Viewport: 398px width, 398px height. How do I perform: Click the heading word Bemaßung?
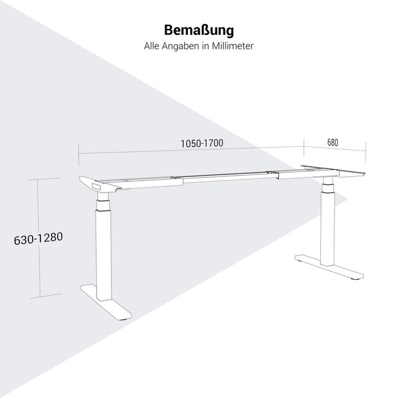(x=199, y=30)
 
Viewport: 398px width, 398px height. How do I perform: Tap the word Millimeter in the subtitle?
(x=233, y=46)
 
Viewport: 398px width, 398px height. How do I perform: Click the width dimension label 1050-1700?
(x=202, y=143)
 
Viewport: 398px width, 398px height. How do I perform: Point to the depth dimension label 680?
(x=332, y=143)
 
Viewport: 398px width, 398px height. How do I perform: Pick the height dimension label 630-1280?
(x=39, y=239)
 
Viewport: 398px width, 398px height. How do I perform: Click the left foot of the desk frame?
(x=106, y=301)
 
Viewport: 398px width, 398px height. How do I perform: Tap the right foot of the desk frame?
(x=329, y=266)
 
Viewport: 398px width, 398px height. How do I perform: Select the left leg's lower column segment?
(x=104, y=255)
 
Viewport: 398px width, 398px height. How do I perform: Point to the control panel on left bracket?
(x=97, y=186)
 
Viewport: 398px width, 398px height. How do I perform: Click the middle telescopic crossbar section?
(x=227, y=177)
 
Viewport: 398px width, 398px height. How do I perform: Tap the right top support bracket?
(x=333, y=171)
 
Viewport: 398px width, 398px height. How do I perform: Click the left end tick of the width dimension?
(x=79, y=155)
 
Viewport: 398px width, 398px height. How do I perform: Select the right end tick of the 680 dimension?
(x=366, y=152)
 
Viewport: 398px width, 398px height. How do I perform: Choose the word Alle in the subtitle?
(x=151, y=46)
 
